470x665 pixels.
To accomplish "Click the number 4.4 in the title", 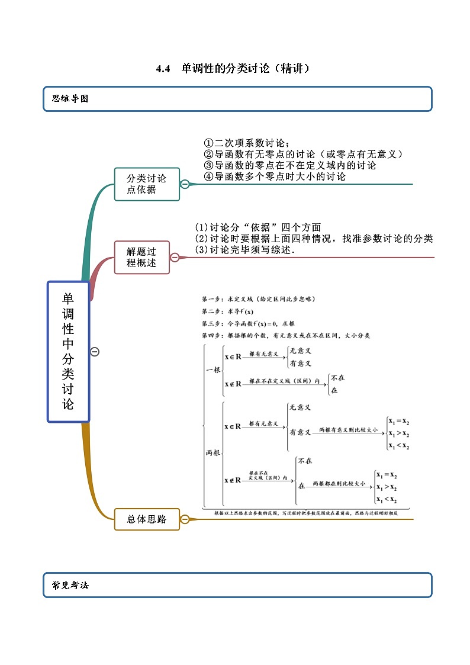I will [163, 69].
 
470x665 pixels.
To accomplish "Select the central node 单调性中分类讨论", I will [68, 352].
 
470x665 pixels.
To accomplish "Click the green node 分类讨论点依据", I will [147, 184].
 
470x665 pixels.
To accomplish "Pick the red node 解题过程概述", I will [141, 258].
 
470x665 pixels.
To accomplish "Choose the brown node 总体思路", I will [146, 519].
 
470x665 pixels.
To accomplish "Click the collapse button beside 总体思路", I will [185, 519].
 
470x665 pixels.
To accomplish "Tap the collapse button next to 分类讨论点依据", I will [185, 184].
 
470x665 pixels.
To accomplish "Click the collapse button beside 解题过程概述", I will [175, 258].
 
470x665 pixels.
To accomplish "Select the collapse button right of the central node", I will [95, 352].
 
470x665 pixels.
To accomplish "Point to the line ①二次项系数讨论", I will [247, 143].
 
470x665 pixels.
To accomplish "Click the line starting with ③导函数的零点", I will [289, 165].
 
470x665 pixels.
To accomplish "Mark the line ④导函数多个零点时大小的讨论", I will [274, 176].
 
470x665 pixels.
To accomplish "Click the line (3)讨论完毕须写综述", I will [244, 250].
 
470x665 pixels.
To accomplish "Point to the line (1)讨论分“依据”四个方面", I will [258, 227].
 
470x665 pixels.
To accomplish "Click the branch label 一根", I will [213, 370].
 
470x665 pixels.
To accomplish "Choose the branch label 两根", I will [213, 452].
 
